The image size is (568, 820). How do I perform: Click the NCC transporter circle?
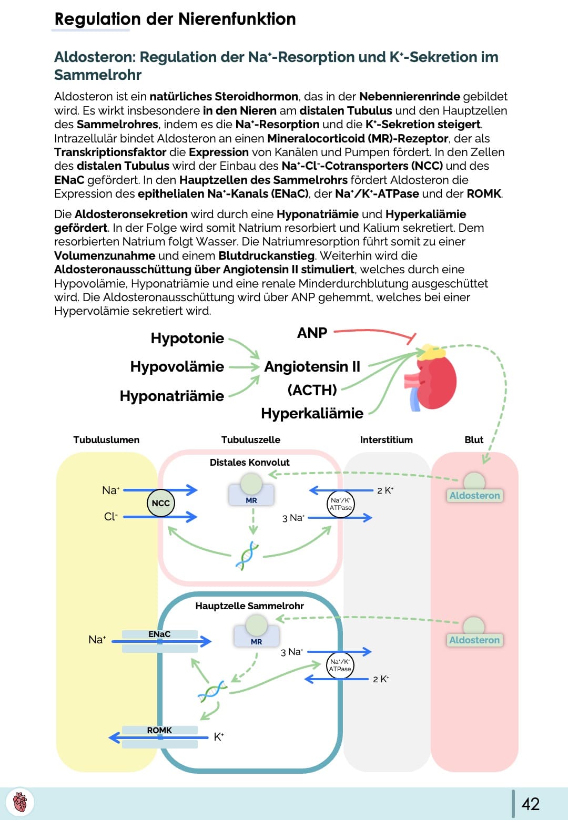pos(160,503)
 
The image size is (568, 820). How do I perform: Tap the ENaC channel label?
pos(159,634)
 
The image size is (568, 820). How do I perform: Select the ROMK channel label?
pos(159,730)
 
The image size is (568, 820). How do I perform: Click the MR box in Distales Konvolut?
pos(251,500)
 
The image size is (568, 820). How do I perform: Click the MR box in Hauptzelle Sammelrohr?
pos(256,641)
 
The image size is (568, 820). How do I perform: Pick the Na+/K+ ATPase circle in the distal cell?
pos(340,504)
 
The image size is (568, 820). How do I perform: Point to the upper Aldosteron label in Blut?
pos(474,495)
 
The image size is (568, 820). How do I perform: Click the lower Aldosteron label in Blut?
pos(474,640)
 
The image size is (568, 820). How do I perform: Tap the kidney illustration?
pos(433,377)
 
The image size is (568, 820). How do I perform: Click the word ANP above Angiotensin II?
pos(312,333)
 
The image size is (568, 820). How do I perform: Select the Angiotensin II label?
pos(312,366)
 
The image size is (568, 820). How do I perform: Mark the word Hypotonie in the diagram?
pos(187,338)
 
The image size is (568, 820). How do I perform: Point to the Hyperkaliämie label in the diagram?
pos(312,413)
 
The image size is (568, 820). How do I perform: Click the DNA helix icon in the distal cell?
pos(247,556)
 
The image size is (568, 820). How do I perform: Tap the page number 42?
pos(530,804)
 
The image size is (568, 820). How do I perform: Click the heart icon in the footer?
pos(19,803)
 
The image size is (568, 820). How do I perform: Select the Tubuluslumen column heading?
pos(106,439)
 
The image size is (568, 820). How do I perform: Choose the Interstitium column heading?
pos(386,439)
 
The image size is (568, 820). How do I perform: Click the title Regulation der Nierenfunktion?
pos(175,19)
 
